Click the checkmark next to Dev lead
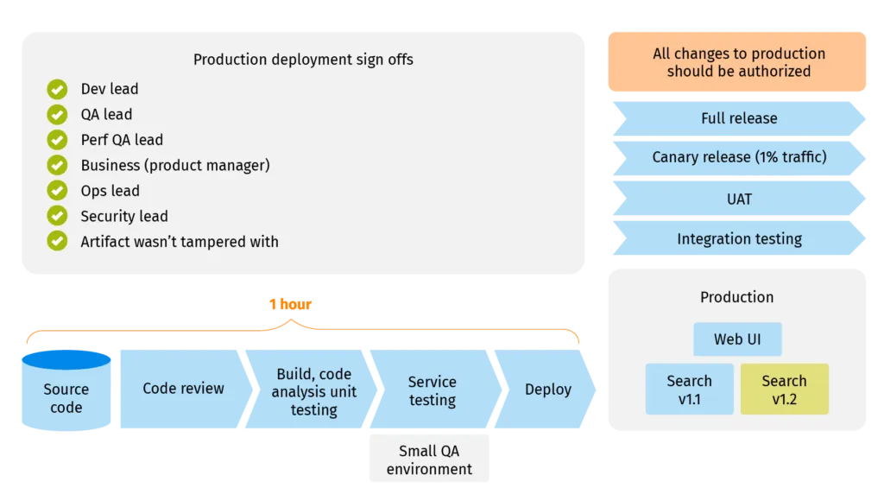(x=57, y=89)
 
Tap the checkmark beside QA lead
(x=57, y=114)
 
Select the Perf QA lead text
(x=122, y=140)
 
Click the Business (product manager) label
(x=175, y=165)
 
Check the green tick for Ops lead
(x=57, y=191)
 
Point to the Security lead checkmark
(x=57, y=216)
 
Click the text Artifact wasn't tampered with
(x=180, y=242)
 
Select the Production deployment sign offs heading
(x=303, y=60)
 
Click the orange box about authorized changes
(x=738, y=62)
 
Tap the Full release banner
(x=738, y=118)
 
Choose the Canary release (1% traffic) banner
(x=738, y=157)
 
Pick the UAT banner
(x=738, y=199)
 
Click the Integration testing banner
(x=738, y=239)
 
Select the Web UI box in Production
(x=737, y=339)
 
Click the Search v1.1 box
(x=689, y=389)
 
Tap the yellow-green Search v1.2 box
(x=784, y=389)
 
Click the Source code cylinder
(x=66, y=393)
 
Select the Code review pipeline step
(x=183, y=389)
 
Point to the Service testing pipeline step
(x=432, y=390)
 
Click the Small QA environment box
(x=429, y=459)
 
